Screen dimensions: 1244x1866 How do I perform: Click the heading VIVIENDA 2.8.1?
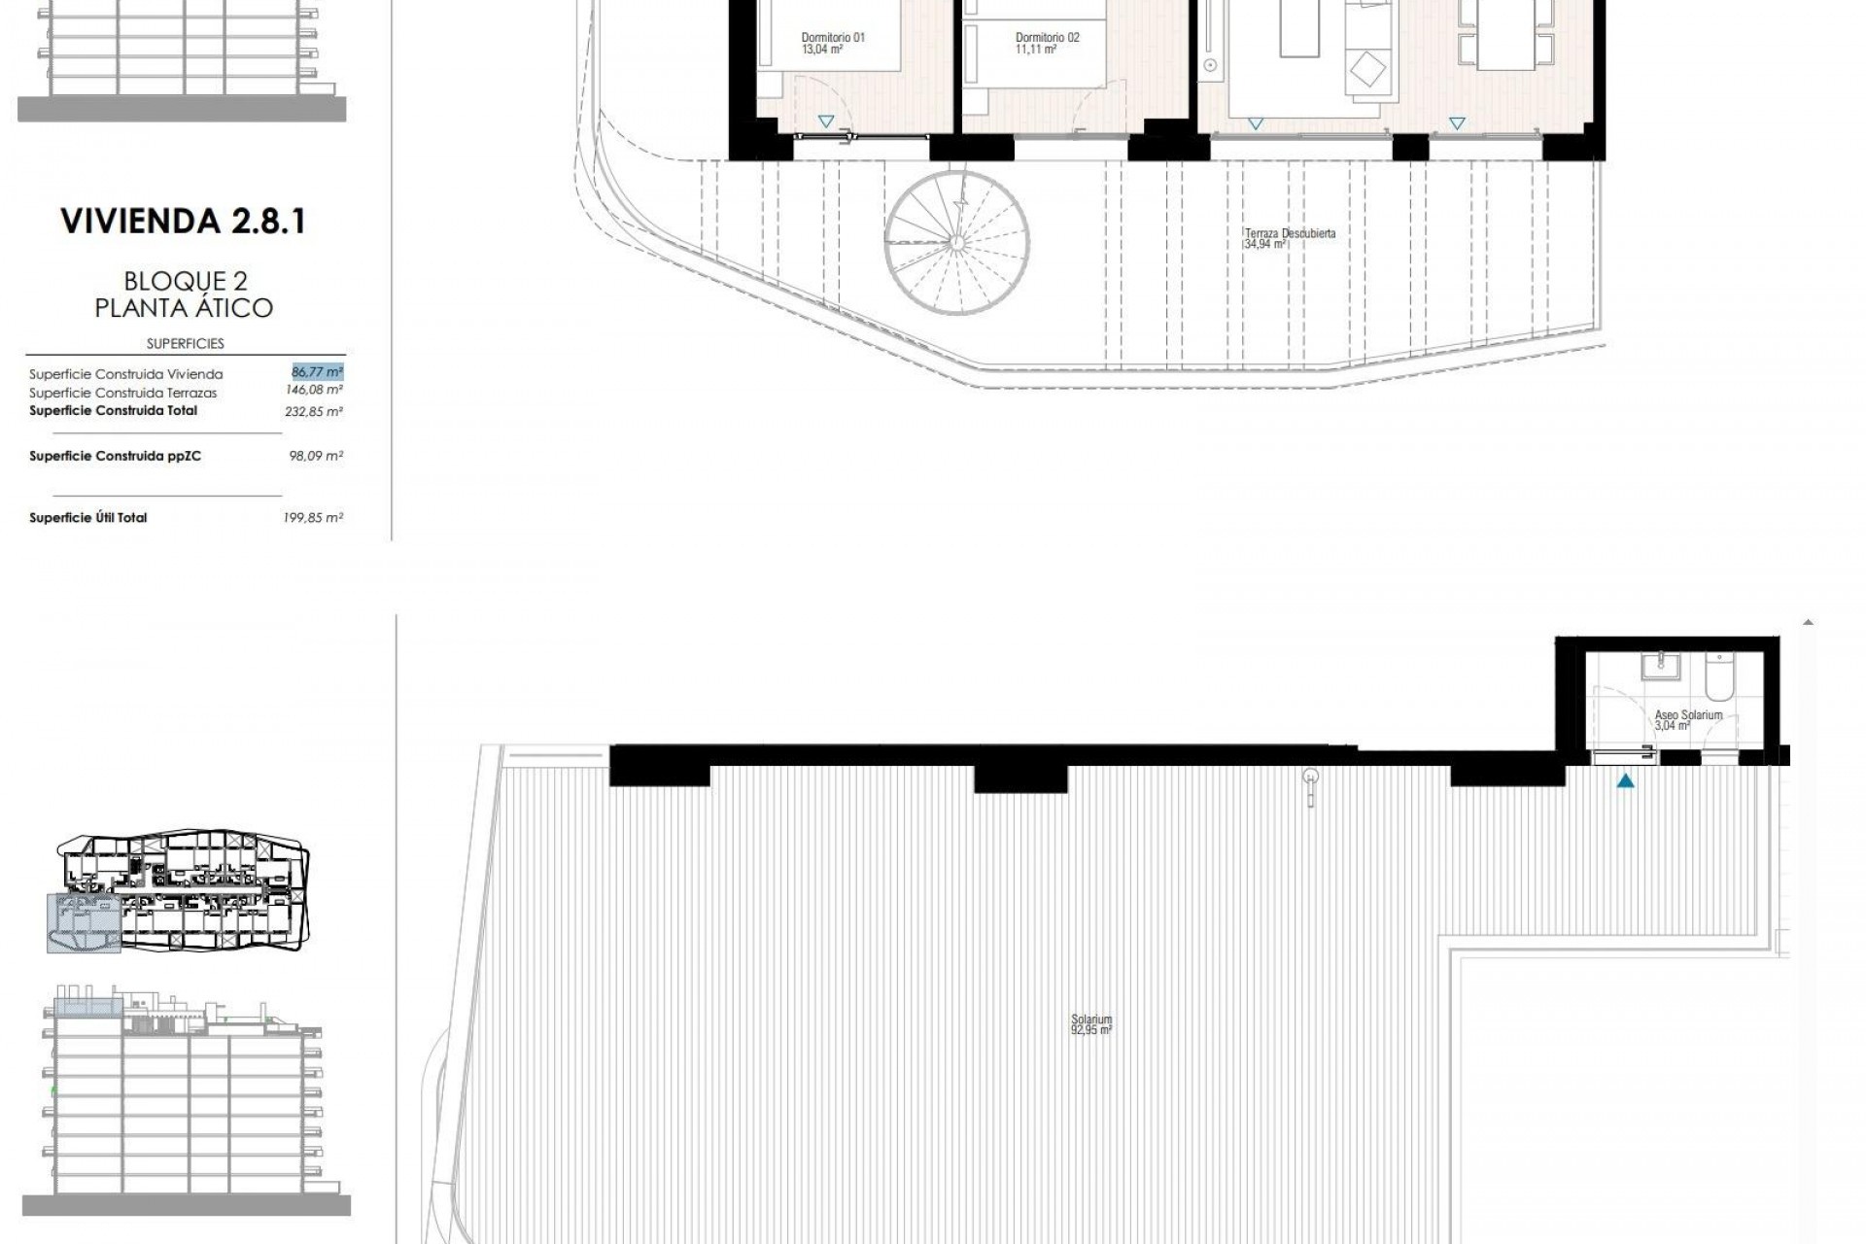tap(183, 222)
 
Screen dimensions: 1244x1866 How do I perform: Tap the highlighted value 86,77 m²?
tap(318, 371)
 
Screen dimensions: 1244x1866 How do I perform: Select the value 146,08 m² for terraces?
tap(314, 390)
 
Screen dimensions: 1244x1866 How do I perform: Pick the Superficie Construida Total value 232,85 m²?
tap(313, 411)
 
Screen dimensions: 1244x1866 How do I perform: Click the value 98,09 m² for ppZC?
tap(316, 455)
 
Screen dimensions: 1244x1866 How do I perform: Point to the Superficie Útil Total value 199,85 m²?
tap(313, 518)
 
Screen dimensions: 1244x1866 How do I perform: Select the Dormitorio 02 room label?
tap(1047, 43)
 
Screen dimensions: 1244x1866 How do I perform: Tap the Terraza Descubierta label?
tap(1289, 238)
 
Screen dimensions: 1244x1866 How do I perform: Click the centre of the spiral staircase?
tap(956, 243)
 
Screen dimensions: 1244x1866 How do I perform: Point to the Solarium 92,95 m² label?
tap(1090, 1024)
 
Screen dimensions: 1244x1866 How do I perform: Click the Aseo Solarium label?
tap(1688, 719)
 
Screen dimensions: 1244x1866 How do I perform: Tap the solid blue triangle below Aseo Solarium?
tap(1625, 780)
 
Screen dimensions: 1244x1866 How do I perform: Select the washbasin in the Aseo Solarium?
tap(1659, 667)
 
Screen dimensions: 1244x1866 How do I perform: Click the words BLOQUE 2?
tap(185, 282)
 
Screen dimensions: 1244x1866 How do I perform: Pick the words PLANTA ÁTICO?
tap(184, 308)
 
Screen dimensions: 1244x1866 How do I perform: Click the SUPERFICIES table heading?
tap(185, 343)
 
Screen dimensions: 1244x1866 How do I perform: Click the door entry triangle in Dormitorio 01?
tap(825, 121)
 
